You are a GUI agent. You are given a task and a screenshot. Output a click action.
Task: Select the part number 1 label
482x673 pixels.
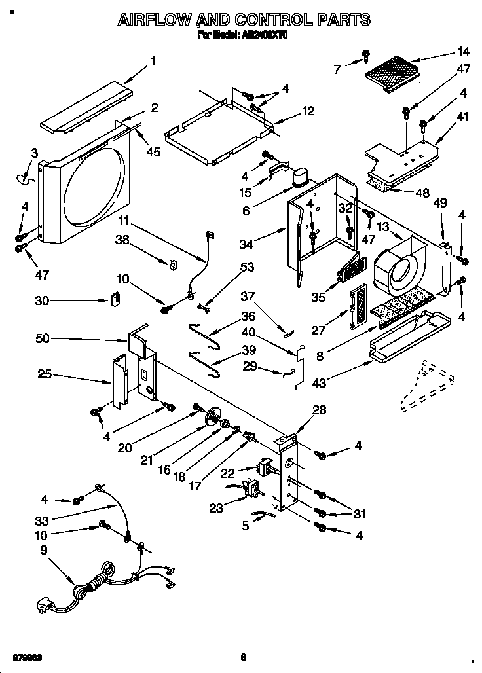(153, 62)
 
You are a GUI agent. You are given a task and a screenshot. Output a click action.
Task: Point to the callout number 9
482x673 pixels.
(44, 551)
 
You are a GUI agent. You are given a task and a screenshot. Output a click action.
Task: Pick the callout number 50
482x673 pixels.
(44, 339)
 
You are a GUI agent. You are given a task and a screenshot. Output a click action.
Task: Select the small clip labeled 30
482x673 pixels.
(115, 299)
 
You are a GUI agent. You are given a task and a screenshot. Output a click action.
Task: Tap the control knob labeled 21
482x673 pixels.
(212, 418)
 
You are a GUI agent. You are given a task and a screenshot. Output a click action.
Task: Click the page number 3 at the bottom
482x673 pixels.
(242, 656)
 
